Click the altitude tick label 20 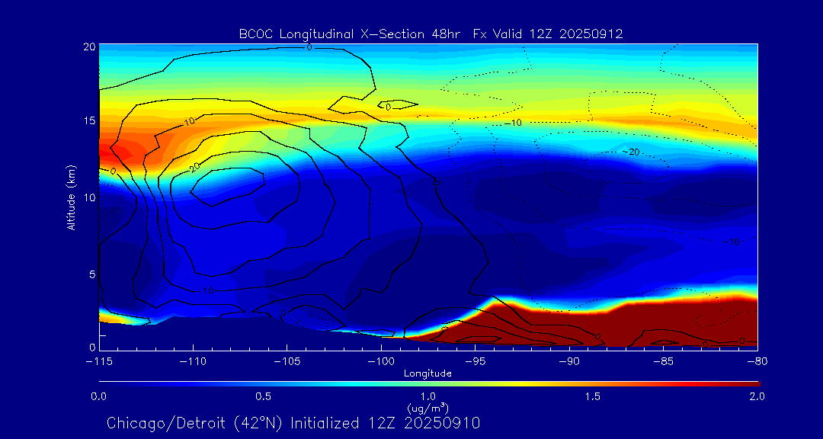(88, 46)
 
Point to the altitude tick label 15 (88, 121)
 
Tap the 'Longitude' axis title (428, 373)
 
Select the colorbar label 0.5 (264, 396)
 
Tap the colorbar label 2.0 (757, 396)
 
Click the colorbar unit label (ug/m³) (428, 409)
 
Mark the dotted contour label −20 (632, 152)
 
